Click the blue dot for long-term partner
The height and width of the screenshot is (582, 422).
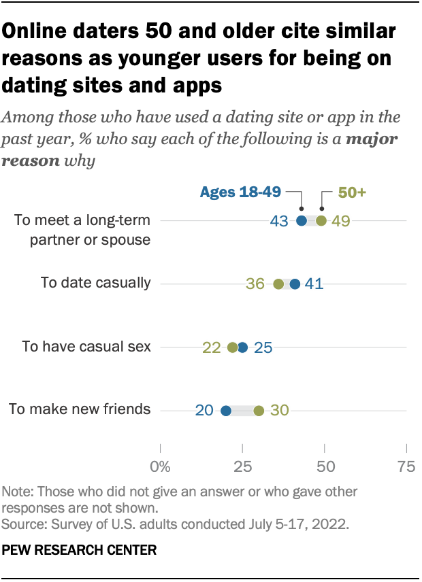tap(302, 220)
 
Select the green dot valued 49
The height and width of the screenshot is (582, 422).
tap(321, 220)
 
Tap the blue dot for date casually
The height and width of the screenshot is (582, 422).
tap(295, 284)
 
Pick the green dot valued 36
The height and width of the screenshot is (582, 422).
tap(278, 284)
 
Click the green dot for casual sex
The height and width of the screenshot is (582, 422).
tap(233, 347)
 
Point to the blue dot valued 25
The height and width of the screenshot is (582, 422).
tap(243, 347)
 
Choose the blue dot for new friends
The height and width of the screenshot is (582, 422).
tap(226, 411)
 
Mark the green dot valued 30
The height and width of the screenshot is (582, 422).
tap(259, 411)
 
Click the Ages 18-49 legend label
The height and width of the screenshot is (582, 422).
tap(240, 192)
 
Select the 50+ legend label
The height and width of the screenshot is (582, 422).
tap(353, 192)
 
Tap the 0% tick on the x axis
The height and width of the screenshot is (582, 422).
tap(160, 466)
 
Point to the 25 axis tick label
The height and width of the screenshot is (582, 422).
tap(242, 466)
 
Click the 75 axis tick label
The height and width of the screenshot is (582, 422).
tap(406, 466)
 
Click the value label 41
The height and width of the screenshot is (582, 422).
tap(314, 284)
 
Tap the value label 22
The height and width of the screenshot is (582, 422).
tap(211, 347)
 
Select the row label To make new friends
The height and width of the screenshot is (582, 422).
tap(79, 409)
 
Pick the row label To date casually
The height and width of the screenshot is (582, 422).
tap(96, 283)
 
